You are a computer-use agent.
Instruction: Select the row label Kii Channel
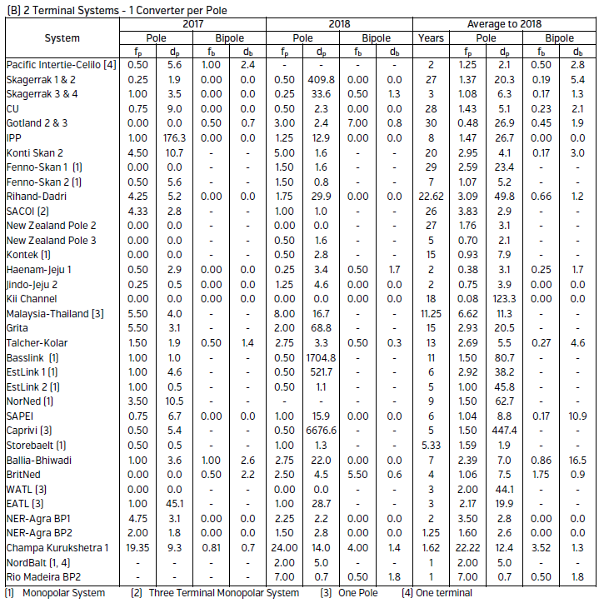click(32, 298)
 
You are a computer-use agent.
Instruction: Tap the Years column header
click(432, 38)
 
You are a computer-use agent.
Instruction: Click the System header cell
click(62, 38)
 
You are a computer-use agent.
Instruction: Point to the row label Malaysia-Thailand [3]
click(55, 313)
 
